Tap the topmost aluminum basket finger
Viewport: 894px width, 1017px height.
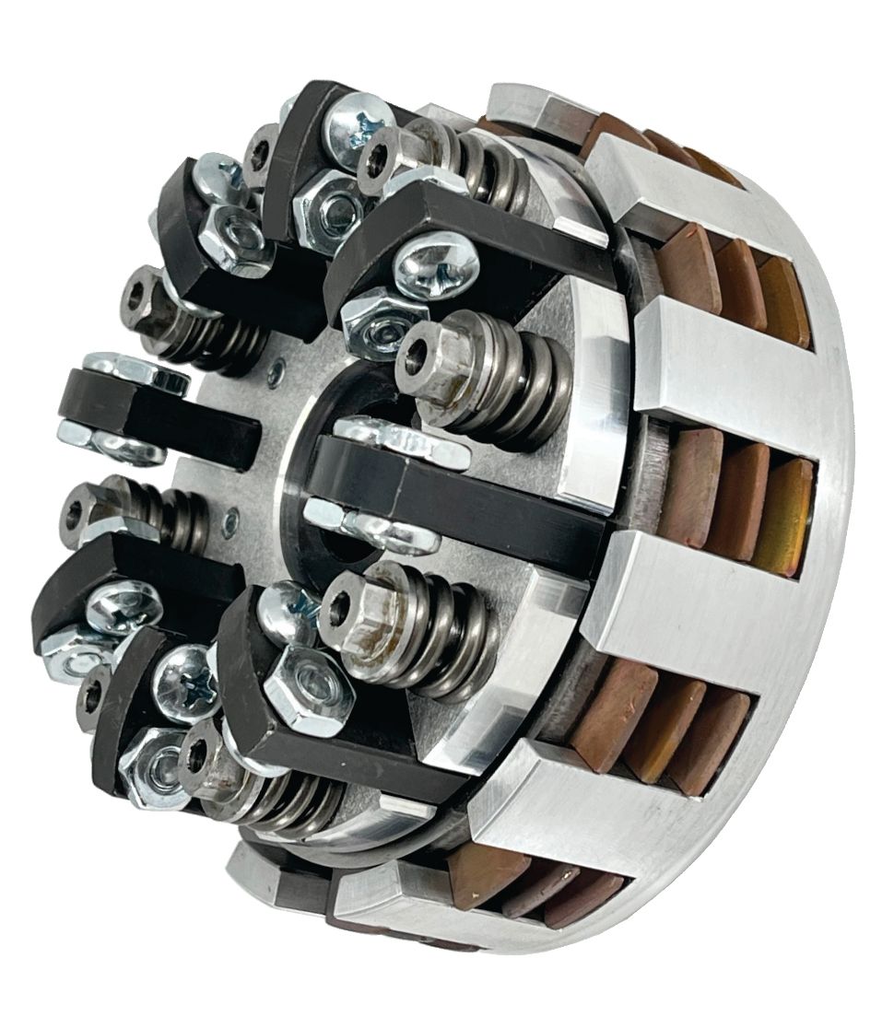[x=530, y=106]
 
